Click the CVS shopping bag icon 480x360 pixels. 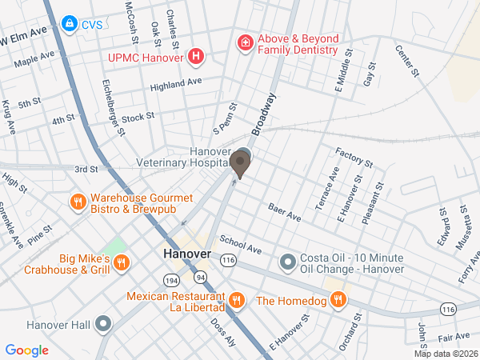[70, 23]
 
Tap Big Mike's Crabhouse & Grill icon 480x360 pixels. [121, 262]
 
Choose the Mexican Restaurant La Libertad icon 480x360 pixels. [236, 301]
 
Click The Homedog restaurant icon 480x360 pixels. [338, 300]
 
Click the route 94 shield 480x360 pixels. [199, 277]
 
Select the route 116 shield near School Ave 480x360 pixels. [230, 260]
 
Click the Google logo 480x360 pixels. [26, 350]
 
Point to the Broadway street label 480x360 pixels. [264, 114]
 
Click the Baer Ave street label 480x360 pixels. [284, 212]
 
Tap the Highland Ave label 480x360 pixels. [176, 82]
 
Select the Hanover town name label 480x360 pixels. [186, 254]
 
